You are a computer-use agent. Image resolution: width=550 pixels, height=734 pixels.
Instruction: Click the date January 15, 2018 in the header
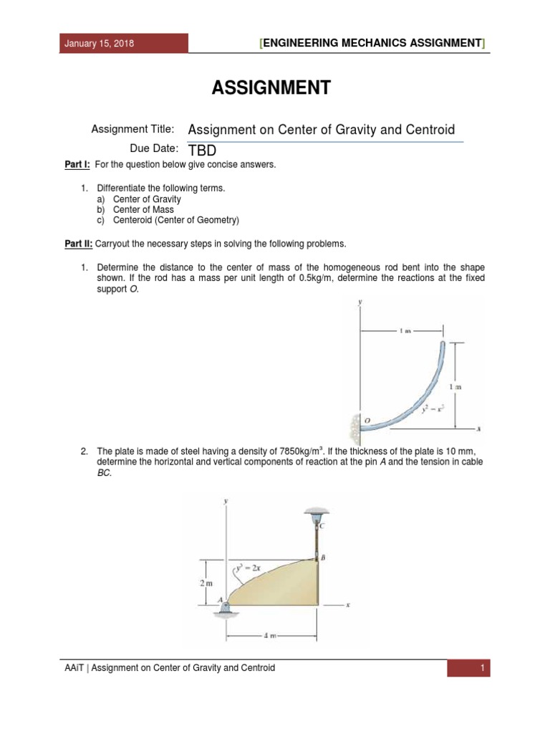tap(99, 44)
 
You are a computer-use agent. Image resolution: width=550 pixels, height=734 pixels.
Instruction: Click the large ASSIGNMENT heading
tap(271, 88)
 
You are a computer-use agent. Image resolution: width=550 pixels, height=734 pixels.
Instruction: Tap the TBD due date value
tap(202, 150)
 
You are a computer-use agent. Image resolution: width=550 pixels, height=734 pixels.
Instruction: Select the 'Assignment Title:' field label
tap(132, 129)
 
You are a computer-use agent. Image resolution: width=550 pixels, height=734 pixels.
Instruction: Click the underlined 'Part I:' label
tap(77, 165)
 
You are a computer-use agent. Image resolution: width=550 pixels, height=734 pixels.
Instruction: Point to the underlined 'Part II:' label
tap(79, 244)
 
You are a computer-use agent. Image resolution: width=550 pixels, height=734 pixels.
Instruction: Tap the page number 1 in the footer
tap(483, 668)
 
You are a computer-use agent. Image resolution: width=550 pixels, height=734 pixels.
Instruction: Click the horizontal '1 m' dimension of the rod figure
tap(405, 330)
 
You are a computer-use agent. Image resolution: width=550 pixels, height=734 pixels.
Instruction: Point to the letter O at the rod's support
tap(367, 420)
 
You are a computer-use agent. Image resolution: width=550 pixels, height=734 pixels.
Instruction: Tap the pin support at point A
tap(224, 608)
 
